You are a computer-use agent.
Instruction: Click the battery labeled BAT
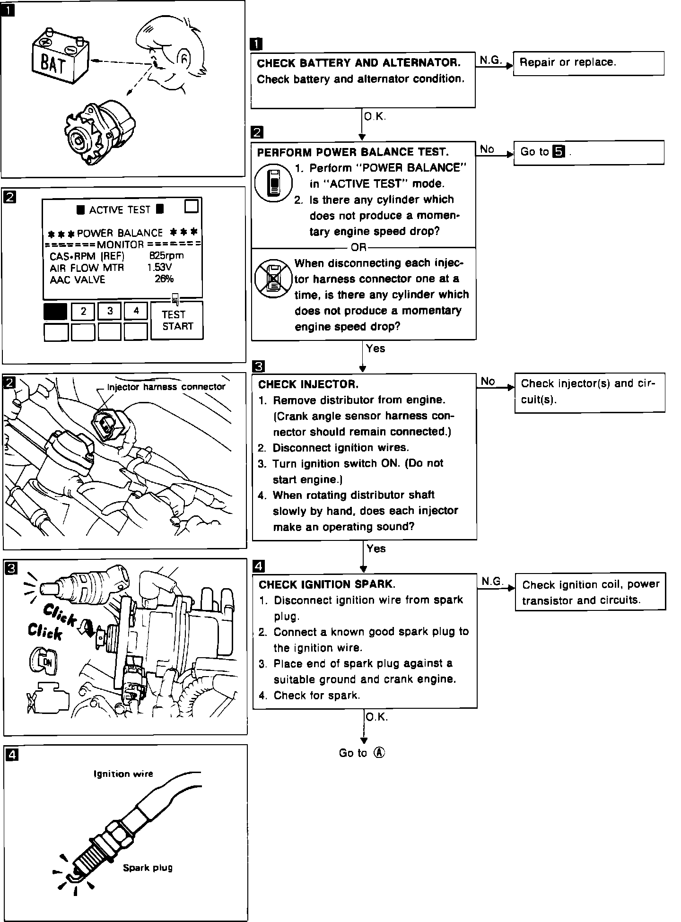(59, 57)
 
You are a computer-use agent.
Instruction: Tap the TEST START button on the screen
(177, 320)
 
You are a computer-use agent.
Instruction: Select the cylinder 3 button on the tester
(110, 311)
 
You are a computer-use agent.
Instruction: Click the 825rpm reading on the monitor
(166, 255)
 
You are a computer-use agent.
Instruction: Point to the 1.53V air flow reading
(159, 267)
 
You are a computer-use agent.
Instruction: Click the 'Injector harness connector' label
(166, 387)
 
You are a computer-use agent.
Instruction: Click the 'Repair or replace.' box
(588, 63)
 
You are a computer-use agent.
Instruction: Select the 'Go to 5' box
(588, 152)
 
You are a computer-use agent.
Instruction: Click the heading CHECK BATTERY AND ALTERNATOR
(358, 63)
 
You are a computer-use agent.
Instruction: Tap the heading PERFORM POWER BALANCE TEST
(352, 152)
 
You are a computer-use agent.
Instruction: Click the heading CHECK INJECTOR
(308, 384)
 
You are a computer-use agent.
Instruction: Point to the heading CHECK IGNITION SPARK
(327, 584)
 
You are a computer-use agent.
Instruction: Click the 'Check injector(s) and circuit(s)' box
(589, 391)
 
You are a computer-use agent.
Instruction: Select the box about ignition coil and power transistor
(590, 592)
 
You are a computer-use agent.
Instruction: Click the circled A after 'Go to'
(379, 753)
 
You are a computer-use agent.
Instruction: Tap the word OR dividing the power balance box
(358, 247)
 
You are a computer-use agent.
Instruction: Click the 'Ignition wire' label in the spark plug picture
(123, 774)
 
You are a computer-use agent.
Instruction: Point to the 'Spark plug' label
(148, 868)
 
